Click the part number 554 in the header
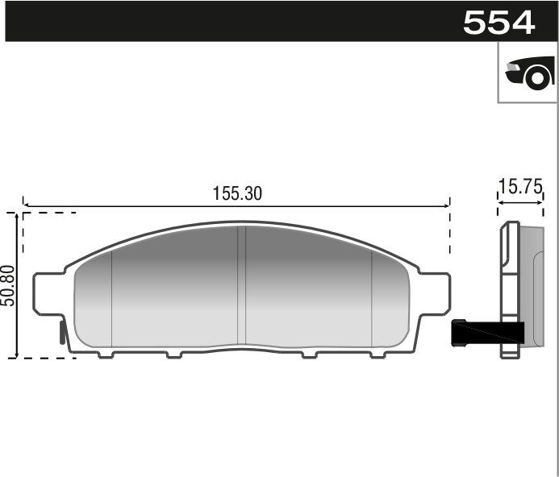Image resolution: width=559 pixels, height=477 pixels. (x=499, y=23)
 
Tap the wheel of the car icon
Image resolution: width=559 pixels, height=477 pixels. (x=539, y=77)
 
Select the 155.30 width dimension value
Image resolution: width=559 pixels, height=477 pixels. (x=237, y=193)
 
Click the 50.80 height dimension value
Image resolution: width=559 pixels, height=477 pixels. (x=7, y=285)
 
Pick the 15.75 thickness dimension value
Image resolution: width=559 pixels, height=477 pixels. (x=520, y=187)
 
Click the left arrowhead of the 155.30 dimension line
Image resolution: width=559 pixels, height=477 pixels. (x=27, y=205)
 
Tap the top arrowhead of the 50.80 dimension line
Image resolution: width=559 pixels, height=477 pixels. (x=15, y=217)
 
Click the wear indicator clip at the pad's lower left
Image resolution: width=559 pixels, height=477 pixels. (x=64, y=330)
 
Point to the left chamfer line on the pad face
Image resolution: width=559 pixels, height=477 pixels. (x=111, y=298)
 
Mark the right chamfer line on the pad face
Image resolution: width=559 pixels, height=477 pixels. (x=371, y=298)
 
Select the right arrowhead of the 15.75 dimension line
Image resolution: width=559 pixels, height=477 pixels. (x=542, y=203)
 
